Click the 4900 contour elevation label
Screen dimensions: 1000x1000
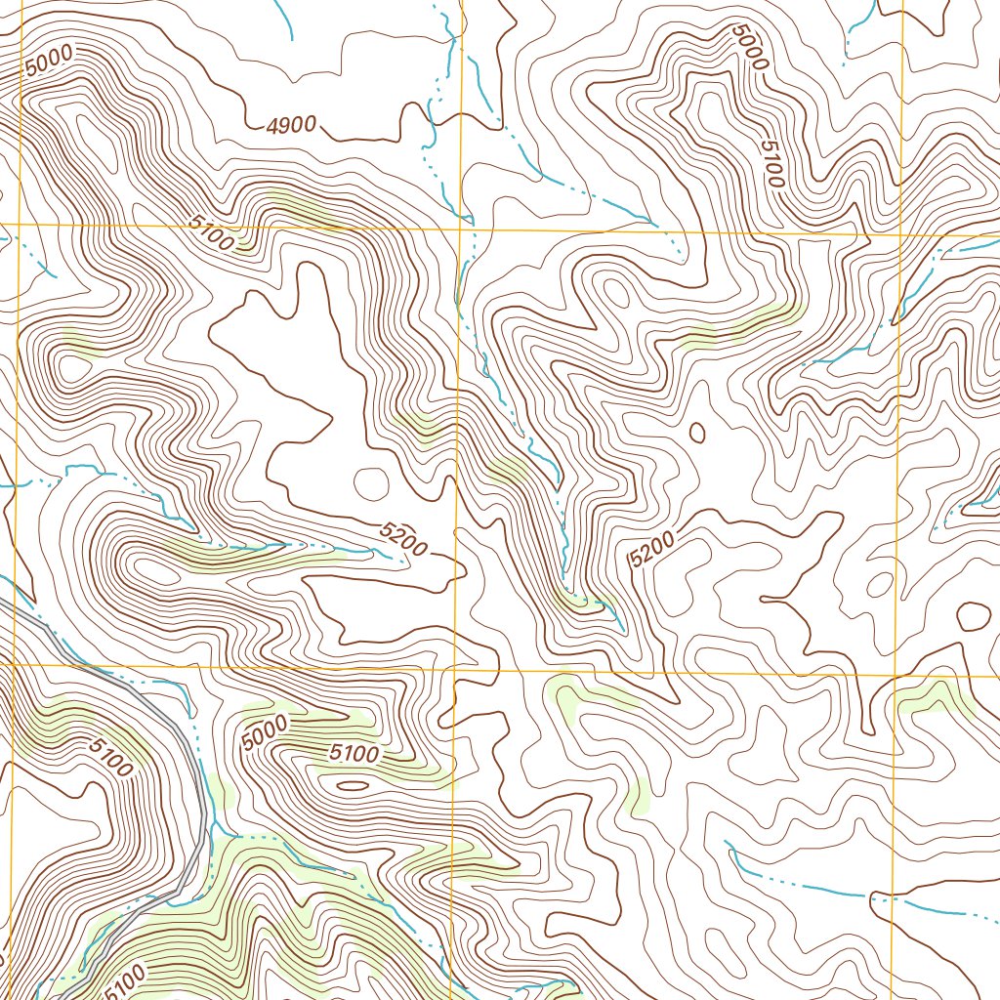[292, 124]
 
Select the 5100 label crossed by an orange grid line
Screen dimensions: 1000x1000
[212, 234]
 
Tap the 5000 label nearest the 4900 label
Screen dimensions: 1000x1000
[49, 62]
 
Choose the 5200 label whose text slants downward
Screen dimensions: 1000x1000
[403, 540]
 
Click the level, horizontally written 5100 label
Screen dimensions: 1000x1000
[354, 754]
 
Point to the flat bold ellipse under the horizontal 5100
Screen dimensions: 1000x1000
[353, 784]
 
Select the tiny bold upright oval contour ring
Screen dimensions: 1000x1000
[697, 432]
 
